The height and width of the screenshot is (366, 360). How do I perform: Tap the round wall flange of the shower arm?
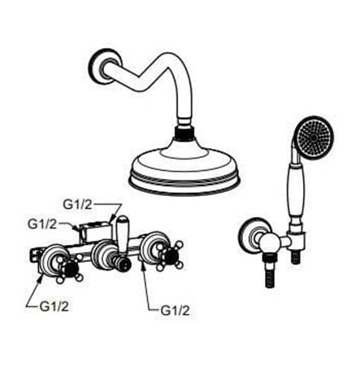click(x=104, y=66)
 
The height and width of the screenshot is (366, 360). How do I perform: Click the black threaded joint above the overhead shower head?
click(x=184, y=133)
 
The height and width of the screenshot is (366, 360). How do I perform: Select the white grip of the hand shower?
click(x=296, y=194)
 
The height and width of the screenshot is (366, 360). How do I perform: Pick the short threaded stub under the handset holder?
click(x=296, y=256)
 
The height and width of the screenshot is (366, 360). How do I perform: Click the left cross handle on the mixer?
click(x=69, y=269)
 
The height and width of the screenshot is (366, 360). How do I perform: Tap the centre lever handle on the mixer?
click(x=122, y=238)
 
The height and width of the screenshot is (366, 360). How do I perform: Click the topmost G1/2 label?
click(x=77, y=205)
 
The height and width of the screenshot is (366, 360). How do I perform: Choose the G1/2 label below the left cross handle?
click(x=54, y=307)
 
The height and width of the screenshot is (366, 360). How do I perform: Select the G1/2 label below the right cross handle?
click(x=175, y=311)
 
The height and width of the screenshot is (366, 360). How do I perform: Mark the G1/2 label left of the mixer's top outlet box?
click(x=42, y=224)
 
